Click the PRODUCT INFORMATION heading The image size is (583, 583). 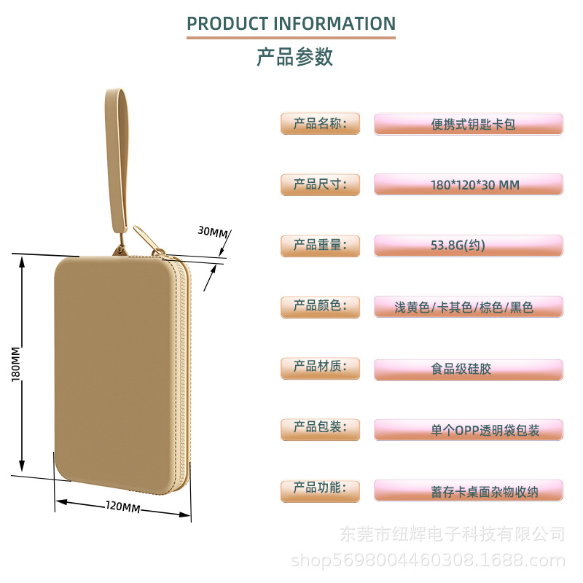coord(291,23)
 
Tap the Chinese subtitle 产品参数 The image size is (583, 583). coord(294,57)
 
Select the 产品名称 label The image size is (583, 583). coord(320,123)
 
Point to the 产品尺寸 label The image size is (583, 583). coord(320,184)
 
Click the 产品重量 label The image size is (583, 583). coord(320,245)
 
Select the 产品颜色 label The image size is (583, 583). coord(320,306)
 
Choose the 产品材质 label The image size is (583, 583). coord(320,367)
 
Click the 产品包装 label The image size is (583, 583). coord(320,429)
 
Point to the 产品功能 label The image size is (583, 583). coord(320,489)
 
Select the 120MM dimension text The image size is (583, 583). coord(122,506)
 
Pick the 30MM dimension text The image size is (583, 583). coord(212,232)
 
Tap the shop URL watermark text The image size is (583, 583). coord(428,560)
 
